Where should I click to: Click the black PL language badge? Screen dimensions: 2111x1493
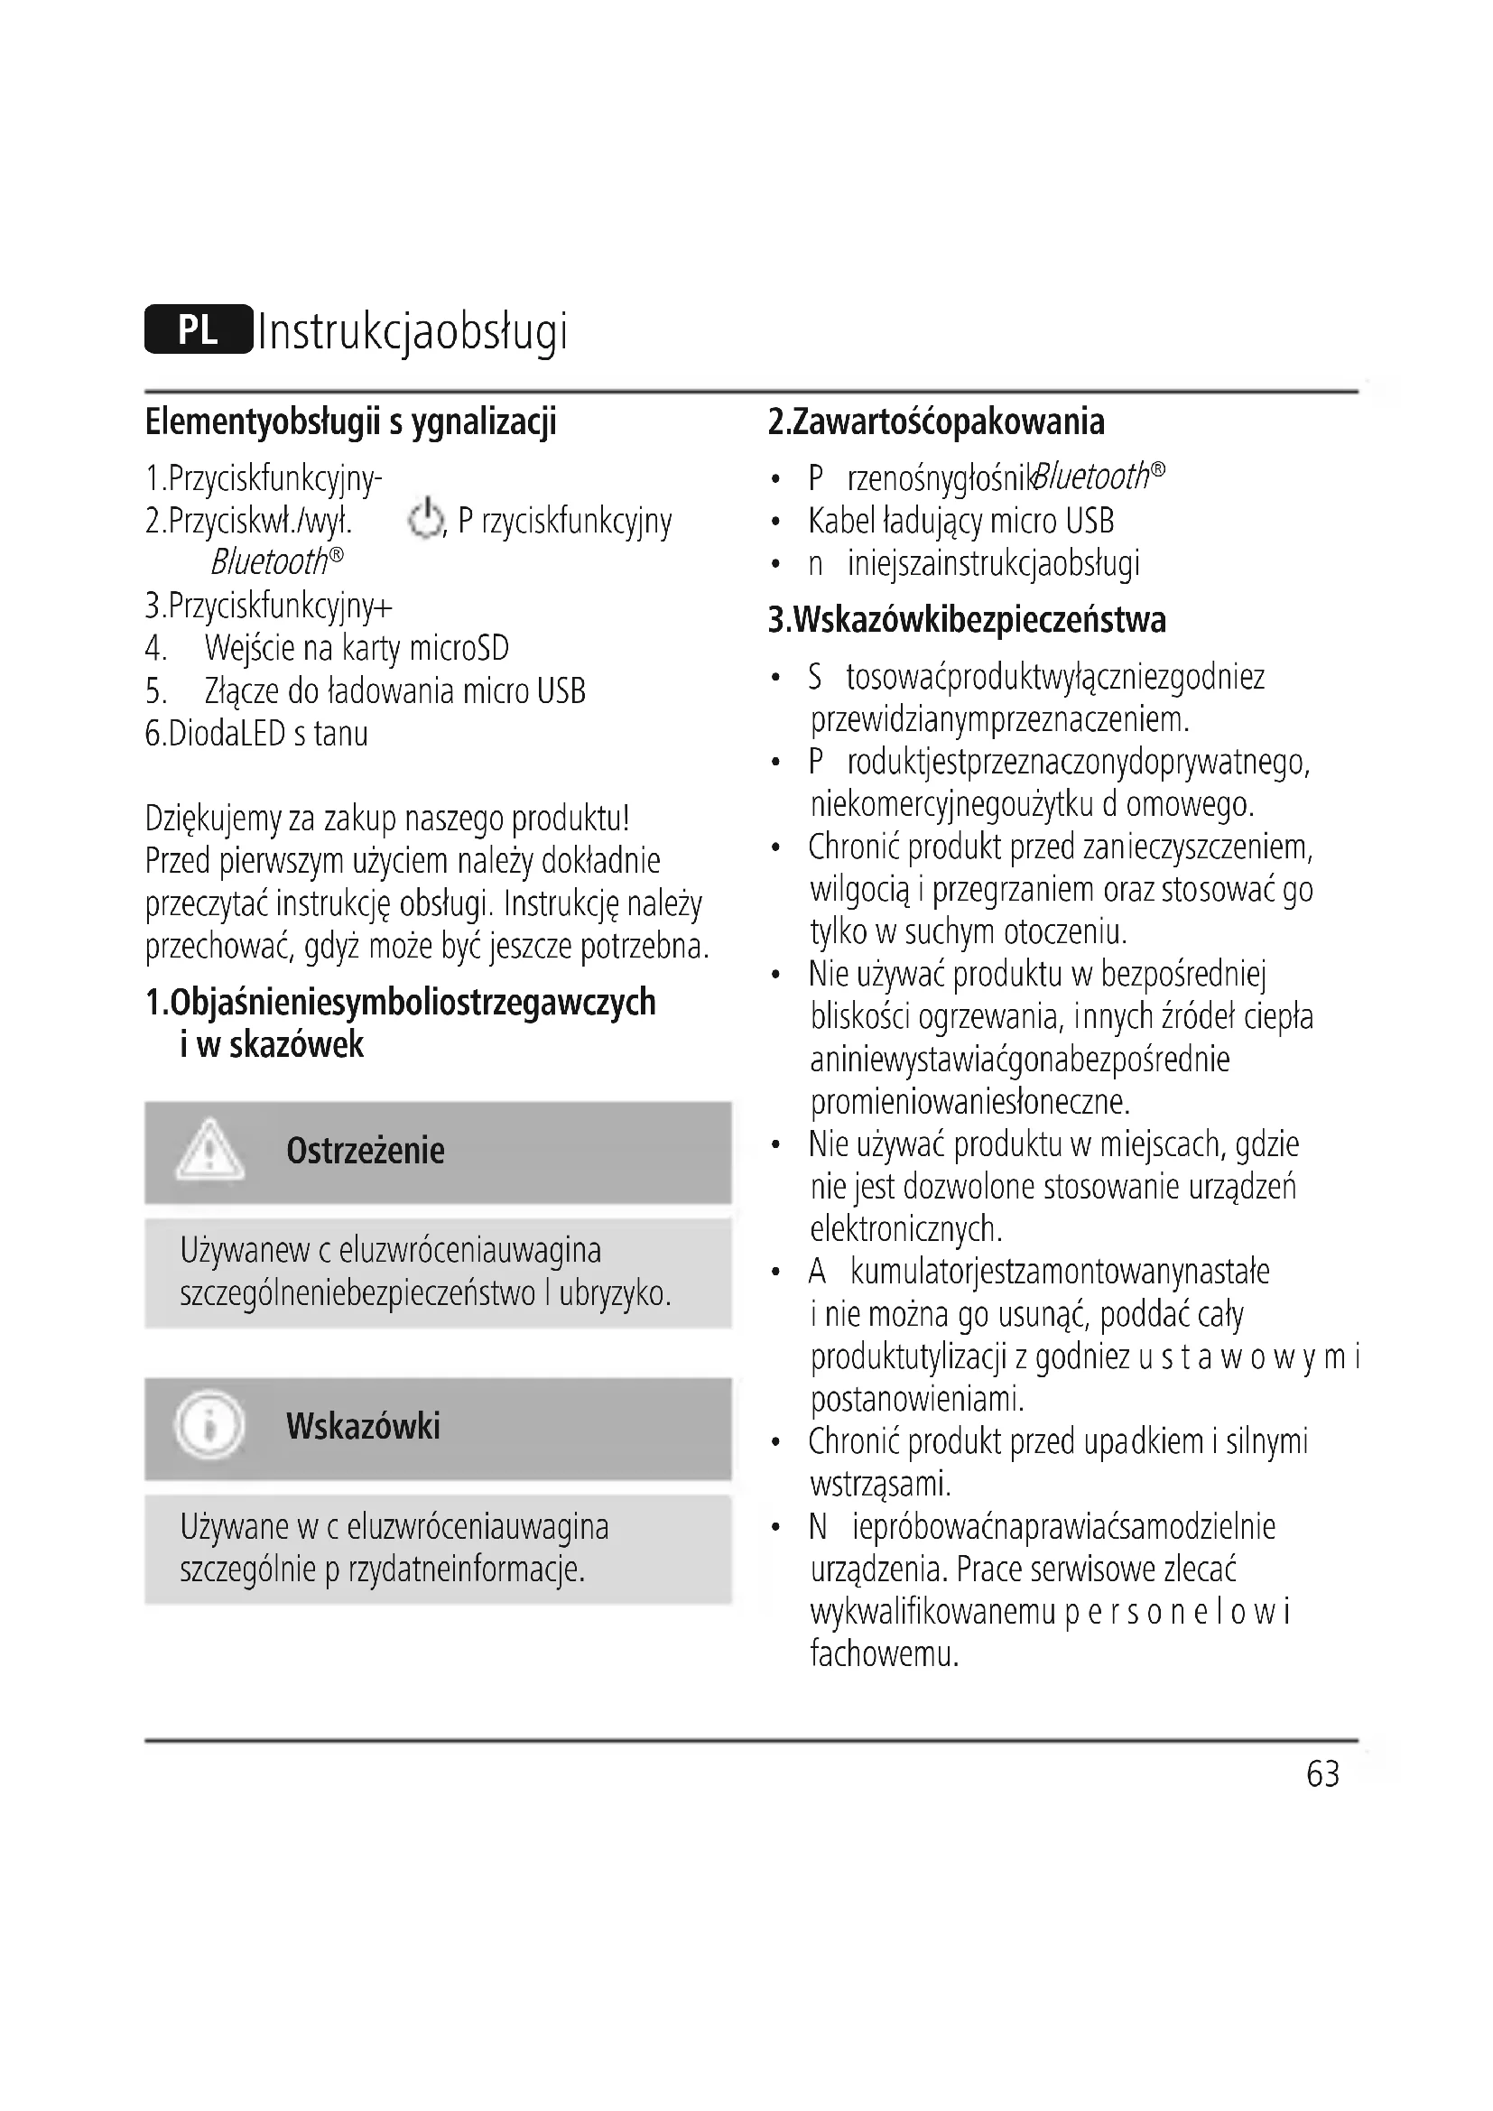click(198, 329)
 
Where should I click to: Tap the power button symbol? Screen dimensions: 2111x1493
click(425, 520)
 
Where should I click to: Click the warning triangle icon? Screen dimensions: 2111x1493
click(209, 1150)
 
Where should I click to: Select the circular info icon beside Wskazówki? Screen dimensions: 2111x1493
click(209, 1426)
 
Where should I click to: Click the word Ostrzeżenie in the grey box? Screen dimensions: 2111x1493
click(365, 1151)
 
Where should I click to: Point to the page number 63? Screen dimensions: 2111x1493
click(1323, 1773)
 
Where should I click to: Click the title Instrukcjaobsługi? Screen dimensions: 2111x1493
click(413, 332)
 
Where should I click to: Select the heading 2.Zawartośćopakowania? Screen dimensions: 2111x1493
click(936, 422)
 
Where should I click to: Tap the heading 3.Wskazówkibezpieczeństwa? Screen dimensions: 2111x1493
click(966, 621)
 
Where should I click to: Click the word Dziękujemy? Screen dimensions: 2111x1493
click(212, 819)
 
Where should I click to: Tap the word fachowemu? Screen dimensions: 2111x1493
click(885, 1655)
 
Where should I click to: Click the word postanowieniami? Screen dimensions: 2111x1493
click(916, 1400)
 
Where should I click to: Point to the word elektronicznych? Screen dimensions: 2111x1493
click(905, 1229)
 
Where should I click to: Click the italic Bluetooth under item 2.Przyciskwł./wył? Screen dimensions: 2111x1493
click(269, 561)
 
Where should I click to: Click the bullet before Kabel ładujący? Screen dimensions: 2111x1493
click(776, 523)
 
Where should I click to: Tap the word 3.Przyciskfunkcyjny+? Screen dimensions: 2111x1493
click(268, 606)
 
